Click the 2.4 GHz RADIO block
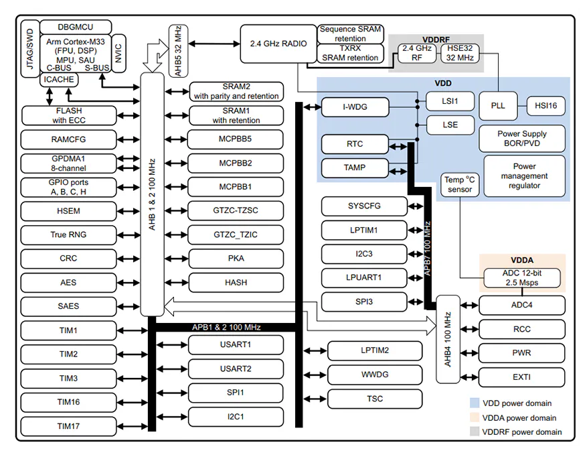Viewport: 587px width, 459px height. pyautogui.click(x=278, y=44)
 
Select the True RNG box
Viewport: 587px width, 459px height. pyautogui.click(x=68, y=235)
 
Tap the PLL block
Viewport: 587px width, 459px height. pyautogui.click(x=497, y=105)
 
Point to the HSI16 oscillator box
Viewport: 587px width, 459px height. pyautogui.click(x=546, y=105)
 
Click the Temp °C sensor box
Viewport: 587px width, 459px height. pyautogui.click(x=459, y=184)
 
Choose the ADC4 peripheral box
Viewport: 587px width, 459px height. pyautogui.click(x=521, y=305)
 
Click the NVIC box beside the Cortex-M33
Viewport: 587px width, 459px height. pyautogui.click(x=118, y=53)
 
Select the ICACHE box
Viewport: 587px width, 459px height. pyautogui.click(x=59, y=80)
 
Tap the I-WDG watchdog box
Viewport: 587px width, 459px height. pyautogui.click(x=354, y=106)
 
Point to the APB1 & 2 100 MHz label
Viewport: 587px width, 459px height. pyautogui.click(x=226, y=327)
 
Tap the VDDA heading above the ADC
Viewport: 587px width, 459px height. pyautogui.click(x=521, y=260)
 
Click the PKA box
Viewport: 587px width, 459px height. pyautogui.click(x=236, y=258)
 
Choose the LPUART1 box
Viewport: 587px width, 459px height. pyautogui.click(x=363, y=277)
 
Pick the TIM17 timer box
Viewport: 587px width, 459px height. pyautogui.click(x=68, y=425)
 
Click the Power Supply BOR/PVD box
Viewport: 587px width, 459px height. pyautogui.click(x=521, y=138)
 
